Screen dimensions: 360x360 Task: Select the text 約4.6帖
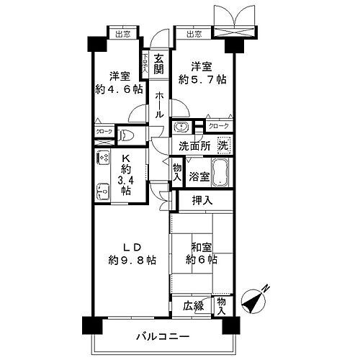pos(120,91)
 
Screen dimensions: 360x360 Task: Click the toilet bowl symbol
pos(127,133)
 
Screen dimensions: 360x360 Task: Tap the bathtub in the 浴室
pos(220,175)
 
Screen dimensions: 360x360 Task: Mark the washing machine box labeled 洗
pos(224,144)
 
